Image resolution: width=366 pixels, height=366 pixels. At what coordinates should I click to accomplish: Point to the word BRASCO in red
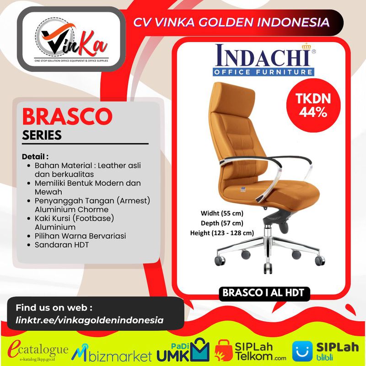(67, 117)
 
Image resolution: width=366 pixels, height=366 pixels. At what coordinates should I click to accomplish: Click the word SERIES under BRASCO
(42, 135)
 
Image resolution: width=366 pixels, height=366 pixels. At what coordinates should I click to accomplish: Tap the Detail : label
(35, 156)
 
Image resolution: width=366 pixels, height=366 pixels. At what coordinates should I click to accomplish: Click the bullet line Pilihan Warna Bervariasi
(80, 236)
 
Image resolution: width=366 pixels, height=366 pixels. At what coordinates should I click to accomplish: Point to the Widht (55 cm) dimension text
(222, 213)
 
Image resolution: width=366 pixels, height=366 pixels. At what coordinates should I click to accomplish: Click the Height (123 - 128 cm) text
(222, 233)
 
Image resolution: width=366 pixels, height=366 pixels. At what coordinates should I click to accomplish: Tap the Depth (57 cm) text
(222, 223)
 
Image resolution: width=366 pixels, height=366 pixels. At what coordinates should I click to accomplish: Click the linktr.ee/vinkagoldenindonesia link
(90, 320)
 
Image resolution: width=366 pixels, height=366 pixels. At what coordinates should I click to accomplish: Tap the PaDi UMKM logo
(183, 350)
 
